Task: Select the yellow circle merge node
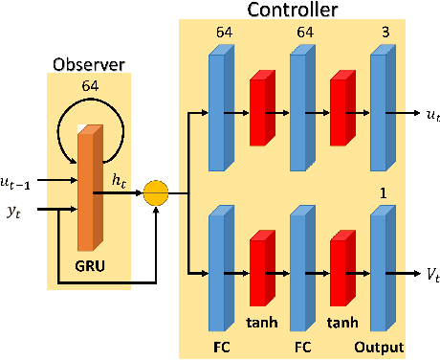155,195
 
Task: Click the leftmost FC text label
219,347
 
